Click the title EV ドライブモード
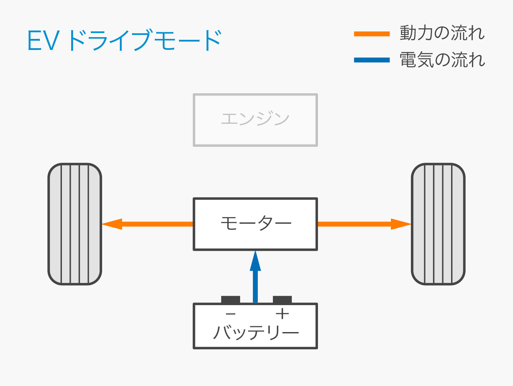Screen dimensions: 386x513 click(124, 41)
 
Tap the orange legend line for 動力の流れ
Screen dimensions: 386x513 click(371, 34)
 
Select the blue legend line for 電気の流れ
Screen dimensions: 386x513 click(371, 60)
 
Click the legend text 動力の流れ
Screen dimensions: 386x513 click(442, 33)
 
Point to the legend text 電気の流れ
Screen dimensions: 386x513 click(442, 60)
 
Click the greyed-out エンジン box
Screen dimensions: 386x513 click(255, 119)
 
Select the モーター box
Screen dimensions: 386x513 click(255, 224)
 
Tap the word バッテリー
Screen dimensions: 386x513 click(255, 332)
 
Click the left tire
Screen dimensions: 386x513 click(75, 224)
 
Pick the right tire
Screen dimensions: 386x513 click(438, 224)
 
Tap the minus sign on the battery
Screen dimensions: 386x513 click(230, 314)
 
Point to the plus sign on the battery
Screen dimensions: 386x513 click(282, 314)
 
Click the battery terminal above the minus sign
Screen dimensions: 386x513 click(230, 299)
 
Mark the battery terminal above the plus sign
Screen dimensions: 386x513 click(282, 299)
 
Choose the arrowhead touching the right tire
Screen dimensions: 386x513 click(402, 224)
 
